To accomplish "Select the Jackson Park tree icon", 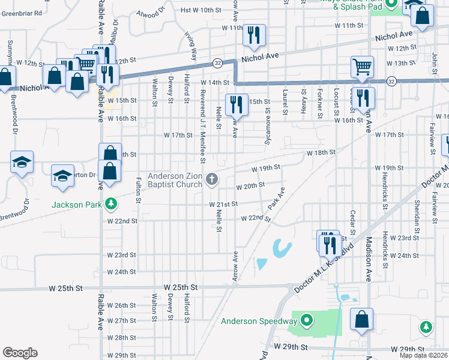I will [110, 204].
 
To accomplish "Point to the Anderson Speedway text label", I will [260, 320].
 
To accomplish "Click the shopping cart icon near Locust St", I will [362, 67].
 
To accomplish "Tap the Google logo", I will [20, 353].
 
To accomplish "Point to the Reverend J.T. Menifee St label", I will [203, 127].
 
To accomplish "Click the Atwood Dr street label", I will [150, 11].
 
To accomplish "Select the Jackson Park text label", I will [75, 204].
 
